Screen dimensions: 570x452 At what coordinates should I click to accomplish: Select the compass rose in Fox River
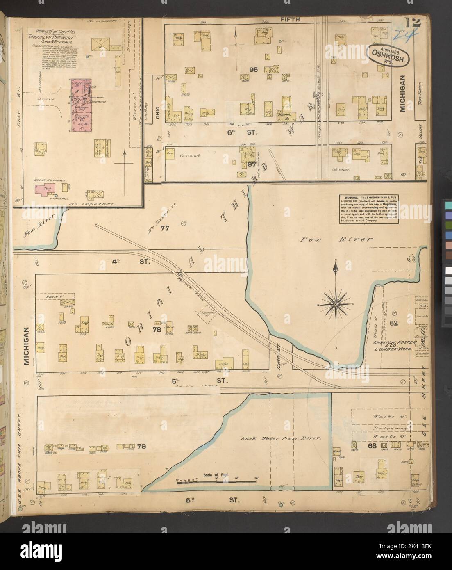click(336, 303)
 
